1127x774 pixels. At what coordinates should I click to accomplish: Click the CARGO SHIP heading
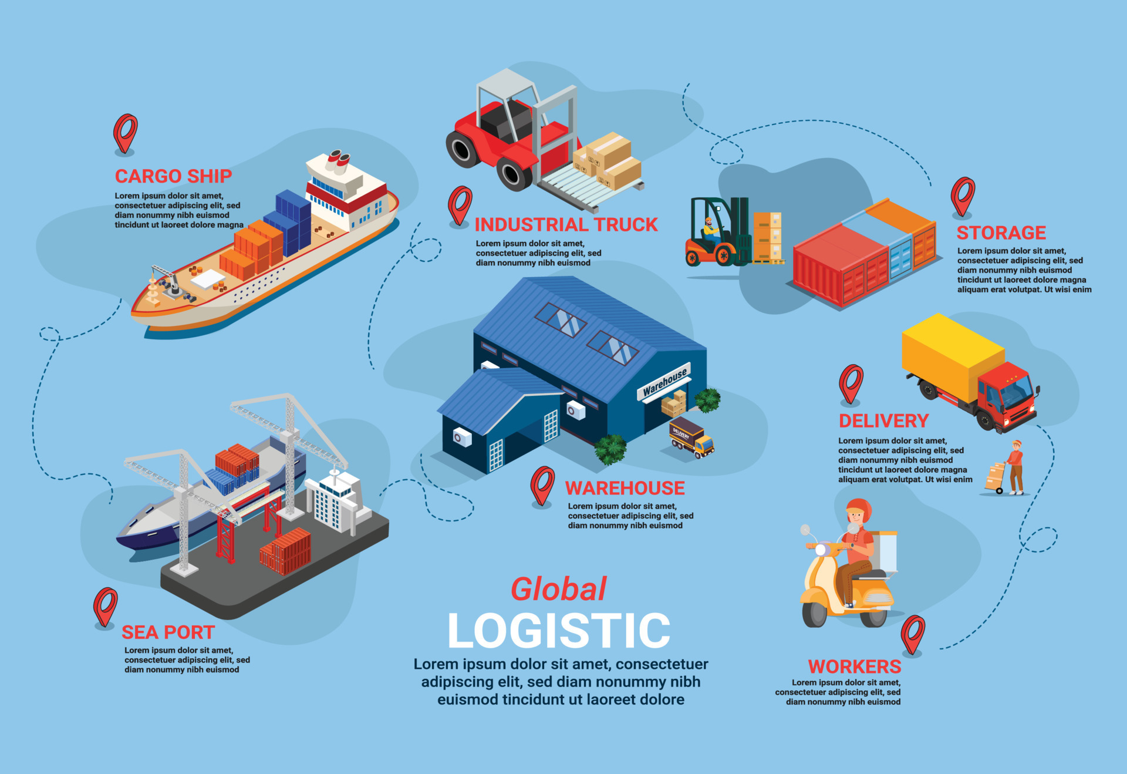[173, 176]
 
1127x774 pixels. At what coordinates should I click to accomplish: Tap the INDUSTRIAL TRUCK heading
[566, 224]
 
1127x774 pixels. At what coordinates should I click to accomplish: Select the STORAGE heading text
[1001, 233]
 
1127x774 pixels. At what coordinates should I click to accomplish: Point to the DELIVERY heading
[883, 420]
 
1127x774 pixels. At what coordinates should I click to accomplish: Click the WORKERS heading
[855, 667]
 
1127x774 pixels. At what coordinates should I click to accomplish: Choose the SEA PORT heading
[168, 632]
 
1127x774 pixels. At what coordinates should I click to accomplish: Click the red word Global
[558, 589]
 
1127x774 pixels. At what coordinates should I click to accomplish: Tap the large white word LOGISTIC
[559, 631]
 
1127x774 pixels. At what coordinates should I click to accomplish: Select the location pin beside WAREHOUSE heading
[542, 485]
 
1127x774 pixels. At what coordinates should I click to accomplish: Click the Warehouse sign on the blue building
[664, 381]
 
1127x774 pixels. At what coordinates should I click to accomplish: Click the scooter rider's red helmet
[859, 508]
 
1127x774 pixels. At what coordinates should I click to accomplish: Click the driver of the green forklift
[711, 230]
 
